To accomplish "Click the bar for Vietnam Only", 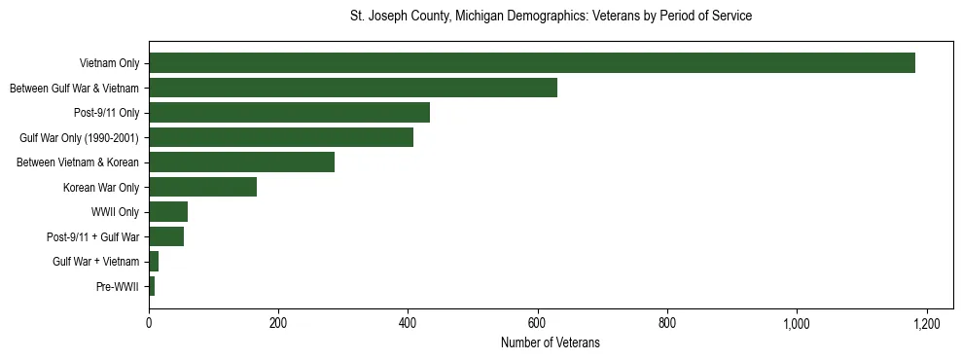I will click(x=531, y=63).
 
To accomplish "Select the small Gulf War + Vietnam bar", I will click(x=154, y=262).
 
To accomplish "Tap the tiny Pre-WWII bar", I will click(x=152, y=286).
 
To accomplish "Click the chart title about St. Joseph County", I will click(x=551, y=17).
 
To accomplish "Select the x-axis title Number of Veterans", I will click(x=551, y=343).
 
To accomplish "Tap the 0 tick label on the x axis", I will click(x=149, y=323).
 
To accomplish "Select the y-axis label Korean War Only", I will click(x=101, y=187).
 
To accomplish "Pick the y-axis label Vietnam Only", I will click(x=109, y=63).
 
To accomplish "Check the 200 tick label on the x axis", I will click(x=278, y=323).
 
